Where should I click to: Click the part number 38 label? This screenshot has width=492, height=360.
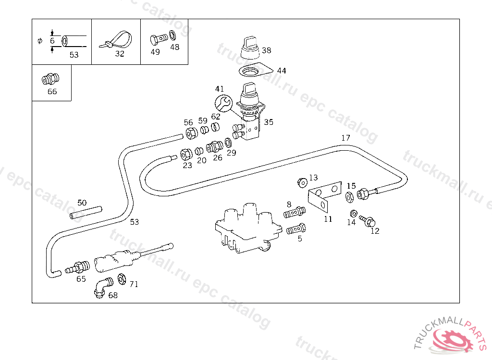click(266, 50)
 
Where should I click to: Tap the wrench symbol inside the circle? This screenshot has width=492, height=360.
click(222, 102)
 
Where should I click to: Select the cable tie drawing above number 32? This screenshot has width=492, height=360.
click(116, 39)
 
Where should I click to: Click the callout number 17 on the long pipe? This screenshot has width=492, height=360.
click(345, 138)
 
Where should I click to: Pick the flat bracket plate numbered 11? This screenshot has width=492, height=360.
click(325, 197)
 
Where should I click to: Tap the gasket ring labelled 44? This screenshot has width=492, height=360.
click(255, 72)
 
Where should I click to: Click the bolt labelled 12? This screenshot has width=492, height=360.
click(368, 222)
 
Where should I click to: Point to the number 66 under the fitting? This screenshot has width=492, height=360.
click(52, 91)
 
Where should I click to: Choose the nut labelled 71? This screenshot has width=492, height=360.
click(122, 278)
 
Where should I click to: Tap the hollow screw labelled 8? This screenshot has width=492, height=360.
click(295, 212)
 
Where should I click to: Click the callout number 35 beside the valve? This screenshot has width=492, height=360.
click(268, 122)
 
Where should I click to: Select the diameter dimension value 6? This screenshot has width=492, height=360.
click(52, 41)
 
